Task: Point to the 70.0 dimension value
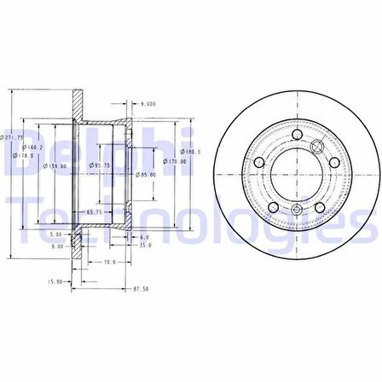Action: pos(109,263)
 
